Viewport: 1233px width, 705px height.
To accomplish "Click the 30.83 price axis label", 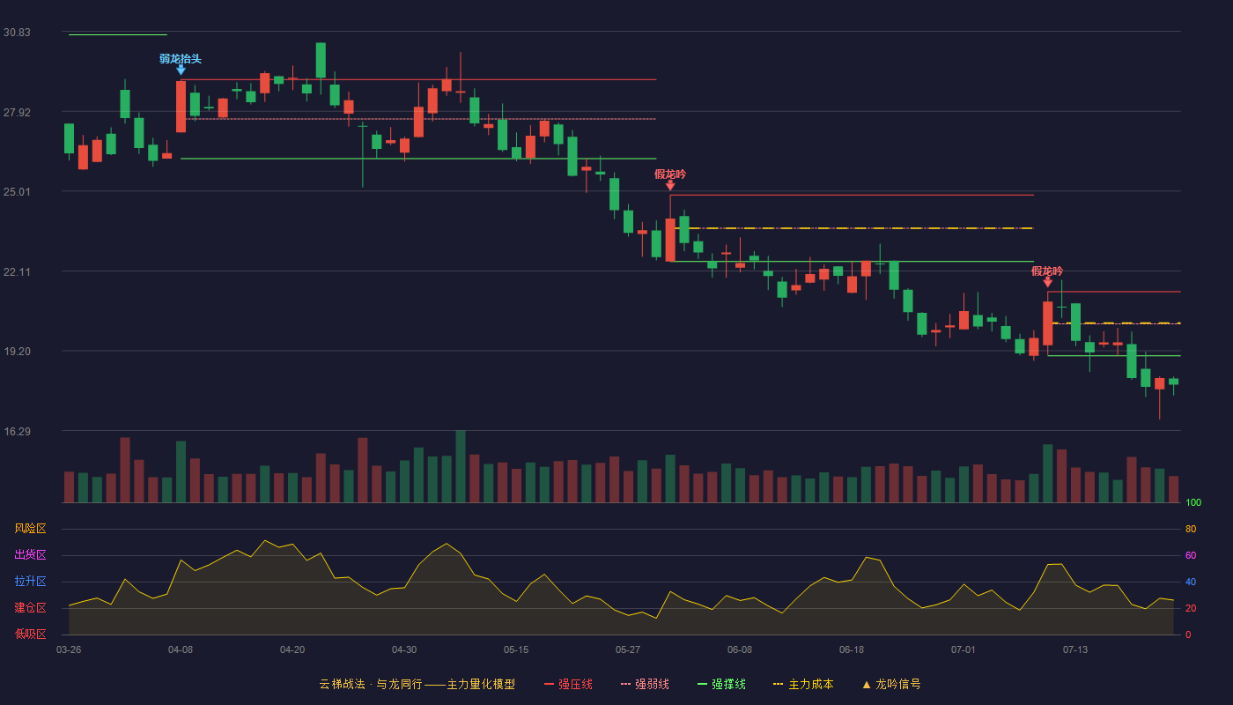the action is [x=17, y=33].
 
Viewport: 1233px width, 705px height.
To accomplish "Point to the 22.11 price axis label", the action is [x=17, y=272].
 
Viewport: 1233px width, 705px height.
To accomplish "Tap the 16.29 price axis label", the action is [x=17, y=432].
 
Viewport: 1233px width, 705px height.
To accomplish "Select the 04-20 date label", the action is [x=292, y=650].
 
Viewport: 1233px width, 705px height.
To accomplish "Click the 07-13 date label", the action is [x=1075, y=650].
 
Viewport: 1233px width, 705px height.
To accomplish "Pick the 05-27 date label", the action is [x=627, y=650].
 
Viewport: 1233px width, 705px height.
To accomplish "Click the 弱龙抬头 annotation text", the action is [x=181, y=59].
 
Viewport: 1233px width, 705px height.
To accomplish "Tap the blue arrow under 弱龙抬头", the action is [x=181, y=70].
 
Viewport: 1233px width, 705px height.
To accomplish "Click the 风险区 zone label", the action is [x=30, y=529].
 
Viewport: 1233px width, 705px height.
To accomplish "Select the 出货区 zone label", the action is [x=30, y=554].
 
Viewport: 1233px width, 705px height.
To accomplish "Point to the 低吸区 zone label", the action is [x=30, y=634].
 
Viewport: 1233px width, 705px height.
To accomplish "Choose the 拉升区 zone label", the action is [x=30, y=581].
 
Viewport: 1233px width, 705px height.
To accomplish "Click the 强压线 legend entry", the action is [x=569, y=684].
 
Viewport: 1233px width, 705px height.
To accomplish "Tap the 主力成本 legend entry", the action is [x=803, y=684].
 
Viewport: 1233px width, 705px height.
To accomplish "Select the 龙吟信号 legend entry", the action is [x=891, y=684].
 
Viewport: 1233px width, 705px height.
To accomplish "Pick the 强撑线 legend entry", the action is [x=721, y=684].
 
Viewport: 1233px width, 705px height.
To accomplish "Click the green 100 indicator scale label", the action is [x=1193, y=502].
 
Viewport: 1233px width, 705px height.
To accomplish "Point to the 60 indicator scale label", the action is [x=1191, y=555].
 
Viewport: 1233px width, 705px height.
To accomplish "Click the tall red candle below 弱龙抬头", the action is [x=181, y=107].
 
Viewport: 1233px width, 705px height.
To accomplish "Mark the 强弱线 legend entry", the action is [x=645, y=684].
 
